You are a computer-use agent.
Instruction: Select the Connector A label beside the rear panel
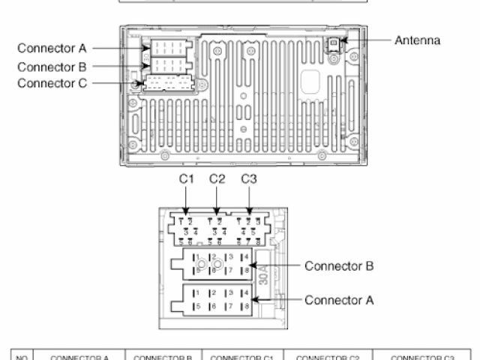tap(52, 49)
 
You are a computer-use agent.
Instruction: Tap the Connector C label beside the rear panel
tap(52, 82)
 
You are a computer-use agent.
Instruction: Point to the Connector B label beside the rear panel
tap(52, 66)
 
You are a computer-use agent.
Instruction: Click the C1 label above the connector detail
tap(187, 179)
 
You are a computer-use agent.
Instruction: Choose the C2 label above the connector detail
tap(217, 179)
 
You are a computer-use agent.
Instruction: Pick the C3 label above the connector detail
tap(249, 179)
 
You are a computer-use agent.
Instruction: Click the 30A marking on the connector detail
tap(262, 278)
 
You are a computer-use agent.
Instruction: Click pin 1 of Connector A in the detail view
tap(196, 292)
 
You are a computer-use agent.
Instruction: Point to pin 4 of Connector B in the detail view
tap(246, 257)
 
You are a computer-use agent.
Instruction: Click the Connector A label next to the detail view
tap(338, 300)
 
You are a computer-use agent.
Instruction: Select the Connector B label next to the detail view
tap(338, 266)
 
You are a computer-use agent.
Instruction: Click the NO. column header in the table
tap(22, 357)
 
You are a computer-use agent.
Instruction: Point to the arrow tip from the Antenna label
tap(343, 40)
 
